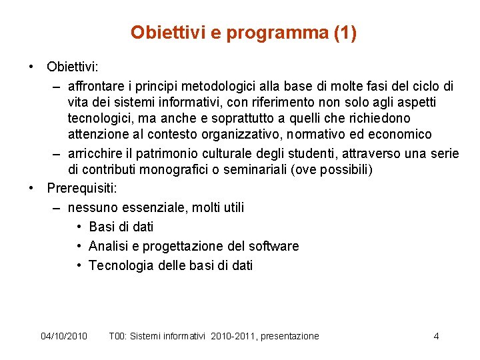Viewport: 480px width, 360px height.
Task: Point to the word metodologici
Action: click(237, 86)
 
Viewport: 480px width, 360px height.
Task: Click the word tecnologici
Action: click(103, 118)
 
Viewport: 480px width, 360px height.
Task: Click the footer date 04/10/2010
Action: click(64, 336)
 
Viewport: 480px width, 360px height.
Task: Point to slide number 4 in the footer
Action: click(436, 336)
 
